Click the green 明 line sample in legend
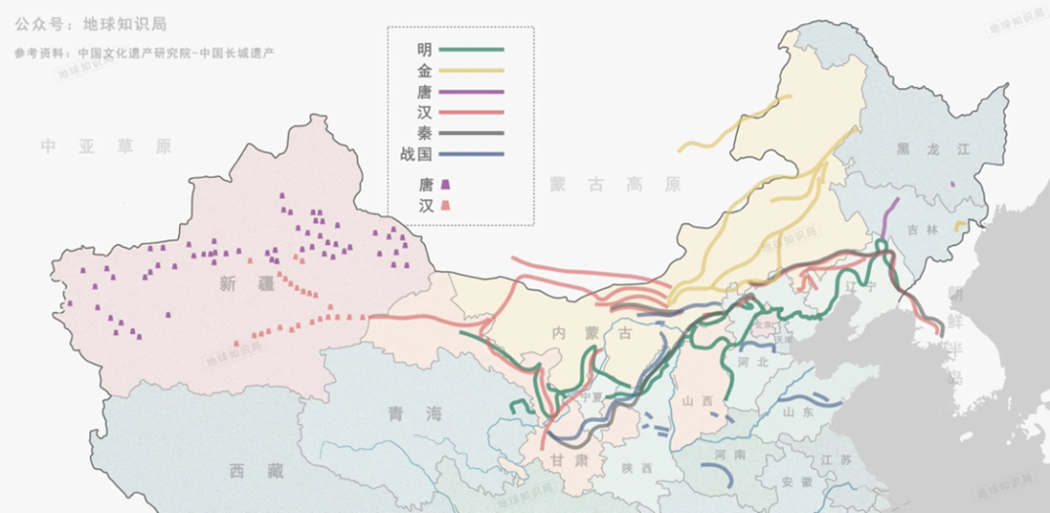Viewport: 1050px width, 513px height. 472,49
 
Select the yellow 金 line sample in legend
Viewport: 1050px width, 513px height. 472,70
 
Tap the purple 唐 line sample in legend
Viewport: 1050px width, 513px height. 472,91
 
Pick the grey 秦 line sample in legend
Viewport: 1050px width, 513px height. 472,133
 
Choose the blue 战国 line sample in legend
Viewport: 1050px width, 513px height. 472,154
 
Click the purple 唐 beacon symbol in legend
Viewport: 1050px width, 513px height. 446,184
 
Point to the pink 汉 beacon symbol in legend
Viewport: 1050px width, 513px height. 446,205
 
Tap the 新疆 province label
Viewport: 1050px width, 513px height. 239,284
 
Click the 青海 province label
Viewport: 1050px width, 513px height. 409,414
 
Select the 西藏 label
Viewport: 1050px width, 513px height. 257,471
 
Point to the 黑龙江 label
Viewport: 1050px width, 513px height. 920,149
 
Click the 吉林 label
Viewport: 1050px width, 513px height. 921,230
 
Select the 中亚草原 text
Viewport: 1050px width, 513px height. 106,147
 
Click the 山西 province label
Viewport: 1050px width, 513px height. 697,400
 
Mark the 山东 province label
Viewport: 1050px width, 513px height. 799,412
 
